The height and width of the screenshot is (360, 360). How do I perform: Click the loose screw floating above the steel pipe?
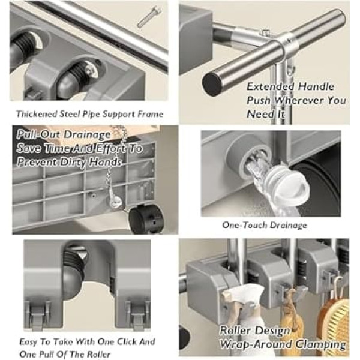[x=149, y=17]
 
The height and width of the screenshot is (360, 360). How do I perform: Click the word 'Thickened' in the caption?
[x=37, y=114]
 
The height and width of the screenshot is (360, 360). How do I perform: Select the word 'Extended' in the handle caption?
[x=271, y=86]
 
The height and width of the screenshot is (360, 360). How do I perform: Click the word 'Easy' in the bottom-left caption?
[x=29, y=342]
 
